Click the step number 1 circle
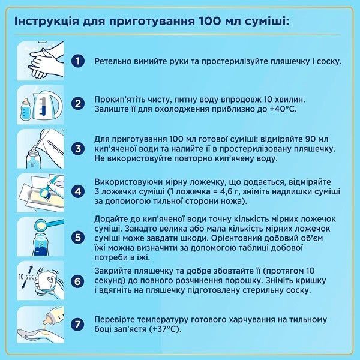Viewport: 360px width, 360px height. coord(77,61)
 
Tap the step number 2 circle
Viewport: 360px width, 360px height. coord(77,104)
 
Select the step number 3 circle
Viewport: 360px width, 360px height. coord(77,148)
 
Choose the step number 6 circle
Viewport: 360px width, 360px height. coord(77,281)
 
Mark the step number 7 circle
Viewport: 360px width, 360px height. coord(77,325)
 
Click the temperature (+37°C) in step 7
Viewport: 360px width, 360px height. coord(164,330)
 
